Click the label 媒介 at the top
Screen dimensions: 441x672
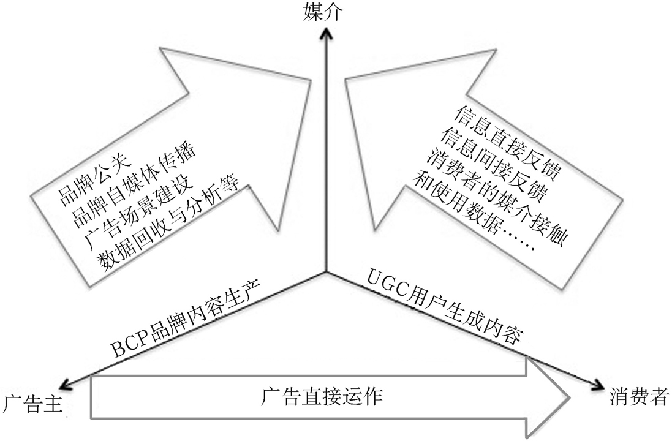322,12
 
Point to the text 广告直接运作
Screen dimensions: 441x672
322,396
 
